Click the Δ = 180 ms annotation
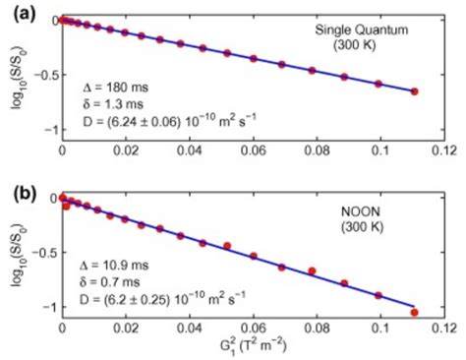coord(117,89)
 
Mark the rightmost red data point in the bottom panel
coord(414,313)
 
